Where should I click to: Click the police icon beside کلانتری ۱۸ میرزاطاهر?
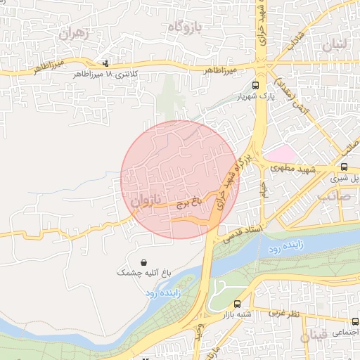(105, 63)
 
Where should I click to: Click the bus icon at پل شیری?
(344, 167)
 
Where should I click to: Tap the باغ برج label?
(189, 202)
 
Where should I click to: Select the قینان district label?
(314, 338)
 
